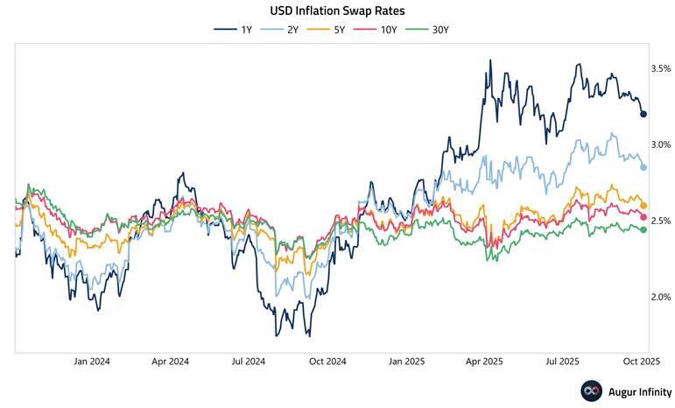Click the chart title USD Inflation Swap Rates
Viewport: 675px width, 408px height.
(x=338, y=11)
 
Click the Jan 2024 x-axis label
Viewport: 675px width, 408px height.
(x=92, y=361)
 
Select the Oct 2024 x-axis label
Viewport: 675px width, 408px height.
(x=327, y=361)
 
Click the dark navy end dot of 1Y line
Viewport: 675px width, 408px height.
(x=643, y=114)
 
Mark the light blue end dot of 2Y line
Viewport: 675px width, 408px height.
(x=643, y=167)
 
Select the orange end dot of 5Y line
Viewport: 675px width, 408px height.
(x=643, y=206)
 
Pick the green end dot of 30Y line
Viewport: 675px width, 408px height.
(x=643, y=230)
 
